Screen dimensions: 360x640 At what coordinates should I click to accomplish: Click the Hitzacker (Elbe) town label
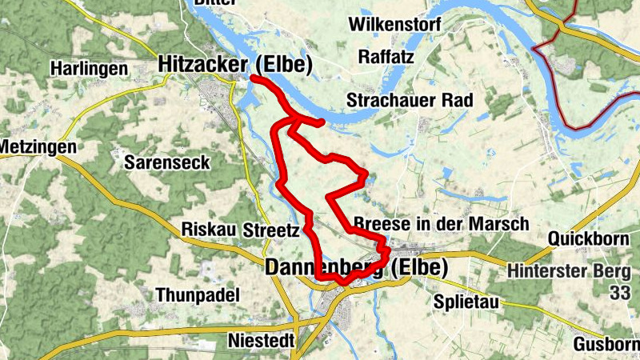(234, 66)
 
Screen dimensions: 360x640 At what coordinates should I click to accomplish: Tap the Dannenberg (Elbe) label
(355, 267)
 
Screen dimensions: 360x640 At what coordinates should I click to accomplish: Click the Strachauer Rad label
(410, 100)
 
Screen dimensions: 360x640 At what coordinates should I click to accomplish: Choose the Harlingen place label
(89, 69)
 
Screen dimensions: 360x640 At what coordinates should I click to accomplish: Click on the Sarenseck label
(167, 162)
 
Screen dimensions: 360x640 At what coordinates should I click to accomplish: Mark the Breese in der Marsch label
(440, 223)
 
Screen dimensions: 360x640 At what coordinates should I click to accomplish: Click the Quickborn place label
(591, 239)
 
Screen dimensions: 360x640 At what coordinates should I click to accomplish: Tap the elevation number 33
(619, 294)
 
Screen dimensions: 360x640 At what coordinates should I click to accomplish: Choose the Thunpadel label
(198, 295)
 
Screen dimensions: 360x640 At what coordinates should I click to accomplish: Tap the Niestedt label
(261, 340)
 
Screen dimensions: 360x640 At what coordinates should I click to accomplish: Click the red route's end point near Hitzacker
(253, 78)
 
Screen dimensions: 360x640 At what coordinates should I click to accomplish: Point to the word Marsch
(502, 223)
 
